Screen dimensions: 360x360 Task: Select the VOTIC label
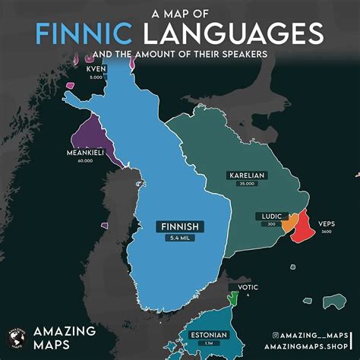click(x=248, y=287)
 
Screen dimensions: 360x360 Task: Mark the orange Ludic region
click(x=289, y=224)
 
